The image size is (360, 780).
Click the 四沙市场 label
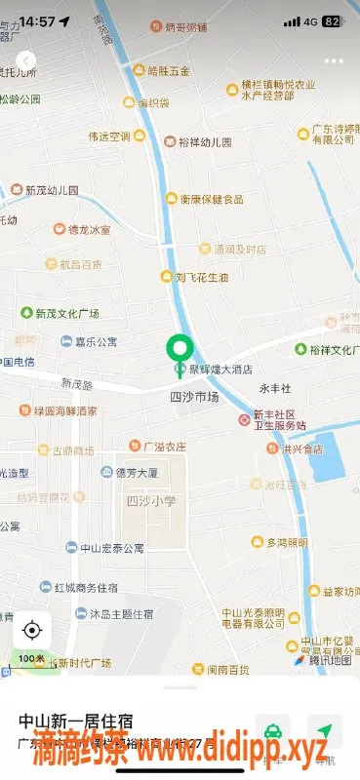[x=194, y=398]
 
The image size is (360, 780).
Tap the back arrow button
[x=27, y=60]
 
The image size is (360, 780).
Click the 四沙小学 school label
[x=151, y=500]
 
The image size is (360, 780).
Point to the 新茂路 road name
[x=78, y=383]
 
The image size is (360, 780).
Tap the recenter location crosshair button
[x=32, y=630]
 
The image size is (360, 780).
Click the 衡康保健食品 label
[x=211, y=199]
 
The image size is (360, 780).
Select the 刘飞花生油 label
[x=201, y=277]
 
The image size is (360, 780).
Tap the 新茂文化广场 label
[x=67, y=314]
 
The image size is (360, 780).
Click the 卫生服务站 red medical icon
[x=245, y=419]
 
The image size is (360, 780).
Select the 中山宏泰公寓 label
[x=111, y=548]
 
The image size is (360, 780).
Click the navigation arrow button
[x=324, y=729]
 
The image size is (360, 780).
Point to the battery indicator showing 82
[x=332, y=20]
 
